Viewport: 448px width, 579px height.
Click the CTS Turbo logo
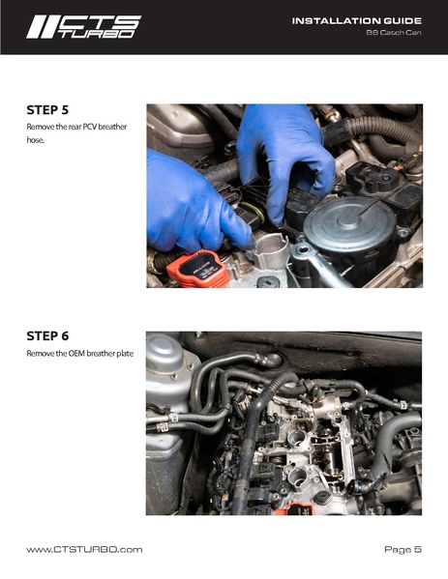pos(83,27)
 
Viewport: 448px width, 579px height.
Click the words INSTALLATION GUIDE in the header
pos(357,21)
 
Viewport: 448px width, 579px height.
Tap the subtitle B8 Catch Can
pos(394,33)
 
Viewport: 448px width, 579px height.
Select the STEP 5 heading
pos(47,110)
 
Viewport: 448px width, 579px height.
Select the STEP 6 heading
pos(47,336)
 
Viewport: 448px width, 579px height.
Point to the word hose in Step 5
pos(35,140)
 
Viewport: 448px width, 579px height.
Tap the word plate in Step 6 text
pos(125,354)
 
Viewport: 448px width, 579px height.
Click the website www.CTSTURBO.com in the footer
pos(84,549)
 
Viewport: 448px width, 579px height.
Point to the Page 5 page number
pos(403,549)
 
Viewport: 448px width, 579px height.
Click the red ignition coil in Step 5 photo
pos(196,270)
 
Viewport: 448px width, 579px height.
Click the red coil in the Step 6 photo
pos(294,508)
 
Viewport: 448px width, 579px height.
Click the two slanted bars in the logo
pos(43,27)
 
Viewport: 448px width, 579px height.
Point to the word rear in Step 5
pos(75,127)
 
